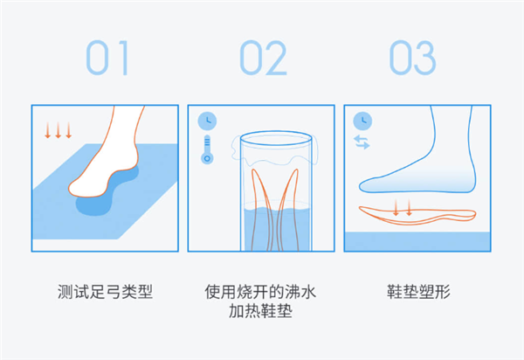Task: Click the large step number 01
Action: pos(107,58)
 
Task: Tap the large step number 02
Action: pos(264,58)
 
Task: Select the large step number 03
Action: pos(413,58)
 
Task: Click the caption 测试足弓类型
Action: pos(105,292)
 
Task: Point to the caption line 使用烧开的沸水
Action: pos(260,292)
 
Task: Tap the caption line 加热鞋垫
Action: pos(260,311)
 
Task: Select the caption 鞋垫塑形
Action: pos(418,292)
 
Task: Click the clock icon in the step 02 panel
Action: pos(207,121)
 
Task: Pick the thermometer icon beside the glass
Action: pos(207,149)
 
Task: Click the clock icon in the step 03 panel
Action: pos(362,121)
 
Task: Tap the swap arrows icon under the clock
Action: pos(362,142)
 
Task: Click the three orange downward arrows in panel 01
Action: pos(59,130)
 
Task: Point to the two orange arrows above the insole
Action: pos(403,208)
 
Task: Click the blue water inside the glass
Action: pos(276,229)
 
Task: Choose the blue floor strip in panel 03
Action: pos(417,241)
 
